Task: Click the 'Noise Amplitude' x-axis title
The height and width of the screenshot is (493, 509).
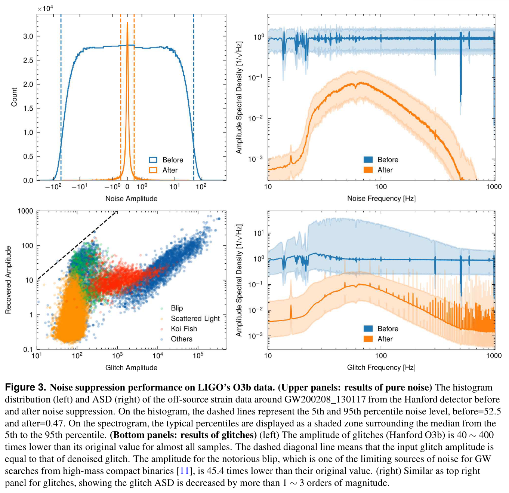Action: pyautogui.click(x=131, y=199)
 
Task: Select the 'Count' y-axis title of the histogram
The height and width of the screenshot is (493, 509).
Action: pyautogui.click(x=14, y=97)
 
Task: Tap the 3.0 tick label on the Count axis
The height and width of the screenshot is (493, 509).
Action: pyautogui.click(x=28, y=37)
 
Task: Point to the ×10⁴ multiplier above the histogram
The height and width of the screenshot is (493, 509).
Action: pyautogui.click(x=45, y=8)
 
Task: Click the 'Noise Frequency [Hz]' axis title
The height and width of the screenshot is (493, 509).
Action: pyautogui.click(x=381, y=199)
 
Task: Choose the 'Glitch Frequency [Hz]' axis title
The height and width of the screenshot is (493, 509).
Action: pyautogui.click(x=381, y=368)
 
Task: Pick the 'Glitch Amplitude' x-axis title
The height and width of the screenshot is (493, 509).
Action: pyautogui.click(x=131, y=368)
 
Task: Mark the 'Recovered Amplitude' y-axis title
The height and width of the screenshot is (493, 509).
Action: pyautogui.click(x=8, y=280)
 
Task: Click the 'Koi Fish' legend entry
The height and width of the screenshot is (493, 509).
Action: pyautogui.click(x=183, y=329)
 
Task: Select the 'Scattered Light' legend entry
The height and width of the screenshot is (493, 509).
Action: pyautogui.click(x=195, y=319)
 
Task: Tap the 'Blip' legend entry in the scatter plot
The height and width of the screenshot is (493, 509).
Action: pyautogui.click(x=177, y=308)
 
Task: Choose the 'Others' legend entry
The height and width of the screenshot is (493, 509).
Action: pyautogui.click(x=182, y=339)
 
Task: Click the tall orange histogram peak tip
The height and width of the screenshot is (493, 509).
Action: pyautogui.click(x=127, y=23)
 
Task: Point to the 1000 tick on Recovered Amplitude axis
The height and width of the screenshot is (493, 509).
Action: pyautogui.click(x=25, y=211)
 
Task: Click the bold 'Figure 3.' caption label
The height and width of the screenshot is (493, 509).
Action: pyautogui.click(x=25, y=388)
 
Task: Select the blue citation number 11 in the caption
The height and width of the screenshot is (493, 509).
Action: pyautogui.click(x=184, y=471)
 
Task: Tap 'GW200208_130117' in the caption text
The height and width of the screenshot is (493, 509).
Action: pyautogui.click(x=325, y=399)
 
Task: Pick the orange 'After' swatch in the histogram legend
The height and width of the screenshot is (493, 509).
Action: pyautogui.click(x=153, y=170)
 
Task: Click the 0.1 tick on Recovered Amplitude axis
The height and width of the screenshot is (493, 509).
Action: pyautogui.click(x=28, y=350)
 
